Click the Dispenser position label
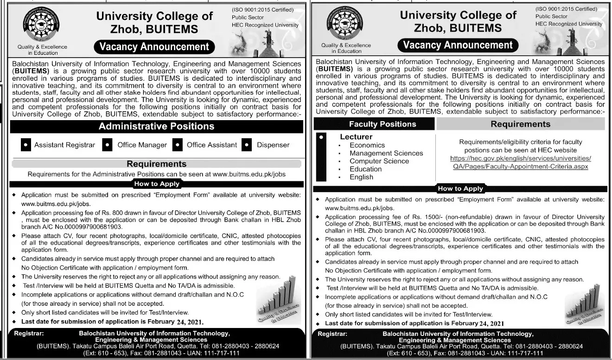point(273,145)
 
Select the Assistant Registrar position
point(64,145)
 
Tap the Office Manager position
point(142,145)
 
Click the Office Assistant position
point(211,145)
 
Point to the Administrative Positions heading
point(157,126)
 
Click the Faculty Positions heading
point(382,124)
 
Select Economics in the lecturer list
point(367,145)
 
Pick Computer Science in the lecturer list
point(379,161)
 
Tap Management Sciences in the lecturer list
point(386,153)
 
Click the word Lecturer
point(356,137)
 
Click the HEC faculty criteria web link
point(521,162)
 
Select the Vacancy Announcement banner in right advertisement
point(458,45)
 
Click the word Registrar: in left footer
point(29,334)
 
